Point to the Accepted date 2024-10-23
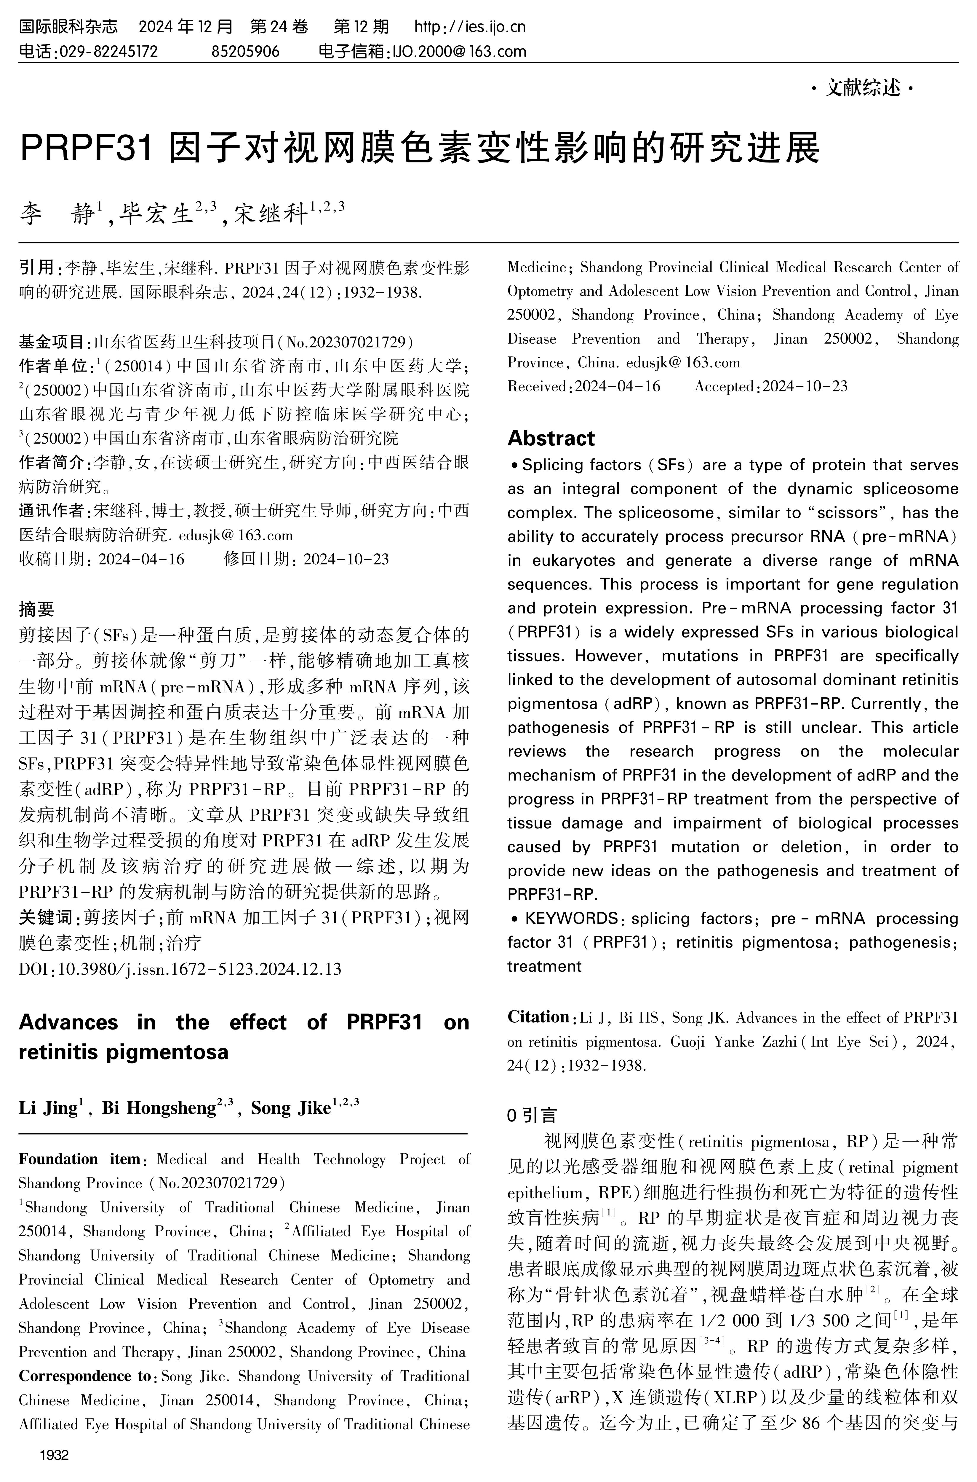pos(805,387)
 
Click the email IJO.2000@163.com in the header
pos(458,51)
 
